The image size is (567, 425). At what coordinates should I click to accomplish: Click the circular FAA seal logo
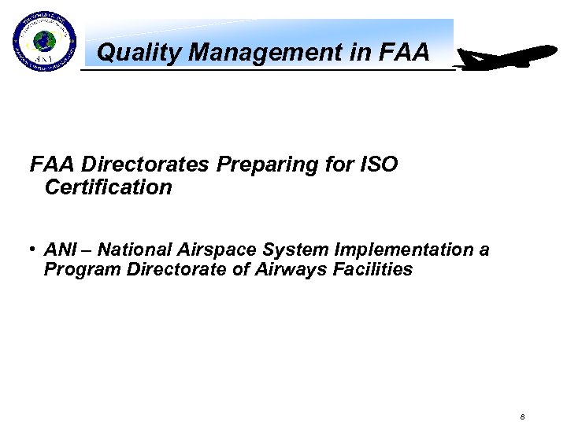click(44, 43)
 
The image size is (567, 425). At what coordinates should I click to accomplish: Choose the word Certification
click(108, 187)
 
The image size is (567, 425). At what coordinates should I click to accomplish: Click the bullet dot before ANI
click(34, 249)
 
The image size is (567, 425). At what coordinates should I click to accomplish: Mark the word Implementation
click(404, 250)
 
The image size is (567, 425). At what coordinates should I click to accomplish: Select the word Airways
click(282, 270)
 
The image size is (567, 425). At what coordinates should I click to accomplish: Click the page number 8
click(523, 416)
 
